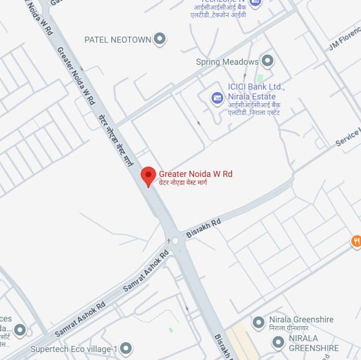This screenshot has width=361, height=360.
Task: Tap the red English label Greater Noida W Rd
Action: coord(196,174)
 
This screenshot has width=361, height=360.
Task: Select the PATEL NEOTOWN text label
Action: coord(118,39)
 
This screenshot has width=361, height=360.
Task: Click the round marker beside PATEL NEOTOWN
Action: coord(160,39)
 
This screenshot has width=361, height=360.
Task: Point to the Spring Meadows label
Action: coord(227,62)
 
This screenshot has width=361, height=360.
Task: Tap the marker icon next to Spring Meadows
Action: coord(267,61)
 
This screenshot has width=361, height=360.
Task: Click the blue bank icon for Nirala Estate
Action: coord(217,98)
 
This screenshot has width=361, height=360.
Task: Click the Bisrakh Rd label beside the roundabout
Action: coord(203,228)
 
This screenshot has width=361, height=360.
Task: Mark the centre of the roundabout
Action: coord(175,241)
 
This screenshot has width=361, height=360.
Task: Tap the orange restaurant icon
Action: coord(356,241)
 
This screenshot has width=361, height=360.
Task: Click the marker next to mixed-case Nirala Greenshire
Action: coord(258,322)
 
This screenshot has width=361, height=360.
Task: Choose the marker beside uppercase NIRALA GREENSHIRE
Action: coord(278,342)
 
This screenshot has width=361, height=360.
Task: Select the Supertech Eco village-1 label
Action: coord(74,349)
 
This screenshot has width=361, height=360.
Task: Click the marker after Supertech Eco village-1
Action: coord(126,348)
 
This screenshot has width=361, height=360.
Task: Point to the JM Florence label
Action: coord(344,41)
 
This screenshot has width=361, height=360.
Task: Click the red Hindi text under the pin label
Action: coord(183,182)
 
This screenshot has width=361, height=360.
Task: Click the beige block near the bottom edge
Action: coord(237,344)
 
